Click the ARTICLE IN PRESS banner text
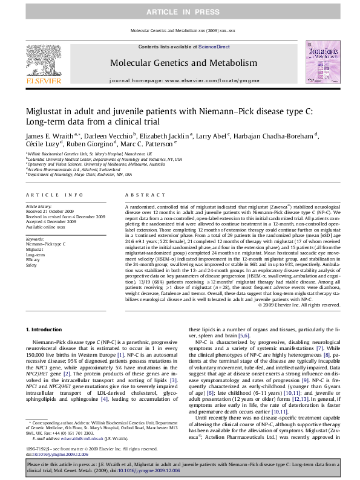[180, 12]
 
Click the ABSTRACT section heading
[141, 195]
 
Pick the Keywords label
[36, 239]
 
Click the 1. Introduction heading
[45, 329]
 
